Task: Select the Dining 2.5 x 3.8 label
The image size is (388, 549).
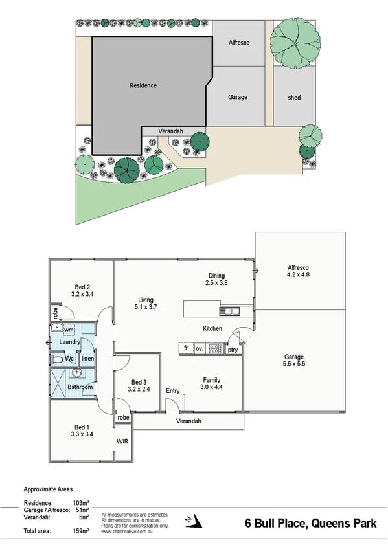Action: [216, 278]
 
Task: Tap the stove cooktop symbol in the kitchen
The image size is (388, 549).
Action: [214, 348]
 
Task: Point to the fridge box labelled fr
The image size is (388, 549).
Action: [186, 348]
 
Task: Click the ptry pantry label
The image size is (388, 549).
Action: [233, 350]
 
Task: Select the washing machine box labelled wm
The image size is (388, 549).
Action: [69, 330]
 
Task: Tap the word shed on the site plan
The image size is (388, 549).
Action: [294, 98]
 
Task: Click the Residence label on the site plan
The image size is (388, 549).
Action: [143, 85]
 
